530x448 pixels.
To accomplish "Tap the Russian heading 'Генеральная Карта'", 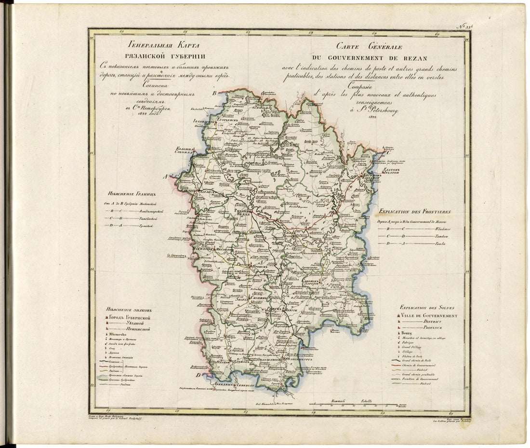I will click(x=147, y=47).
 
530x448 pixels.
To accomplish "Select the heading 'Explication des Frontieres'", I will click(x=415, y=211).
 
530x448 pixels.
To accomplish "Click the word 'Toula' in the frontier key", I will click(x=440, y=244).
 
